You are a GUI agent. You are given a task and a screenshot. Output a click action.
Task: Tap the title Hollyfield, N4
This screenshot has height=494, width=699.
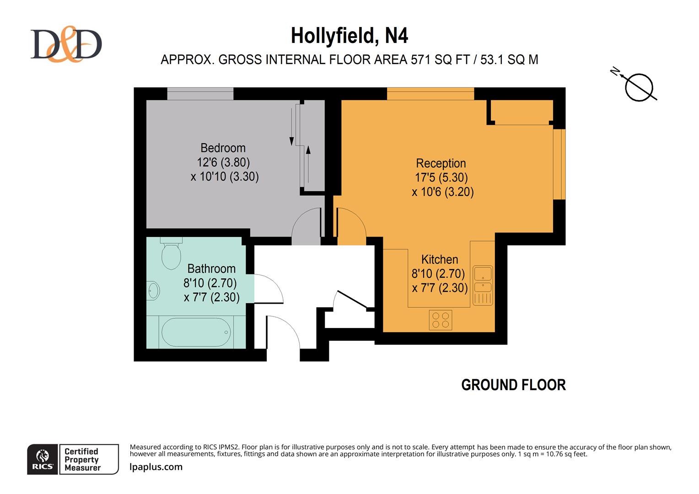click(349, 36)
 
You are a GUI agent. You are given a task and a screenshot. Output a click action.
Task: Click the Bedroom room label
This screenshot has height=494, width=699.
click(223, 148)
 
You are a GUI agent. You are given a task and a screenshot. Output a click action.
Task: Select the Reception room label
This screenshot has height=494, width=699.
click(441, 163)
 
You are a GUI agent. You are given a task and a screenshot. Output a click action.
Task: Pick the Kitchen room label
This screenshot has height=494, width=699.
click(439, 259)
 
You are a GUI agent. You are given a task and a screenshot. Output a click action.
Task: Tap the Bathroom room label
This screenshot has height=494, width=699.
click(211, 268)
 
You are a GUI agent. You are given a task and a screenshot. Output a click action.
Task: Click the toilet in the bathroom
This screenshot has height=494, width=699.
click(171, 254)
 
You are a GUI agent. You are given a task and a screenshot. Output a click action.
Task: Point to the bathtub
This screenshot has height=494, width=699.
click(196, 333)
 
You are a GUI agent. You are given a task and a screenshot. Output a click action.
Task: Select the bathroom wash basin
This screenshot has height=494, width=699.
click(153, 290)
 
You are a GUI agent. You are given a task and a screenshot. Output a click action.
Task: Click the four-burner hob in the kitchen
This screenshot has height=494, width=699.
click(441, 320)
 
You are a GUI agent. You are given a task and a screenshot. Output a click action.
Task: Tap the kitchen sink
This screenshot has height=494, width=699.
click(483, 280)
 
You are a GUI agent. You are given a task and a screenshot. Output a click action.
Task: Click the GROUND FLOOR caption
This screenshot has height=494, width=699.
click(513, 385)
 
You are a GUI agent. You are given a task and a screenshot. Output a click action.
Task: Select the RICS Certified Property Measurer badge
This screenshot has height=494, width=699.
click(73, 459)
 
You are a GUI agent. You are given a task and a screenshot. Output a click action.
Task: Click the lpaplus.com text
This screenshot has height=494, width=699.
click(156, 467)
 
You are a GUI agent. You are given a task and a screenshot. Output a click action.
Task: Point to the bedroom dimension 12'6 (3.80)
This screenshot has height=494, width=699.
click(223, 162)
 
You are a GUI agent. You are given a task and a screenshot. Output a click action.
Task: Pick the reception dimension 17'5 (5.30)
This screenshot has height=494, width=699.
click(441, 177)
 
